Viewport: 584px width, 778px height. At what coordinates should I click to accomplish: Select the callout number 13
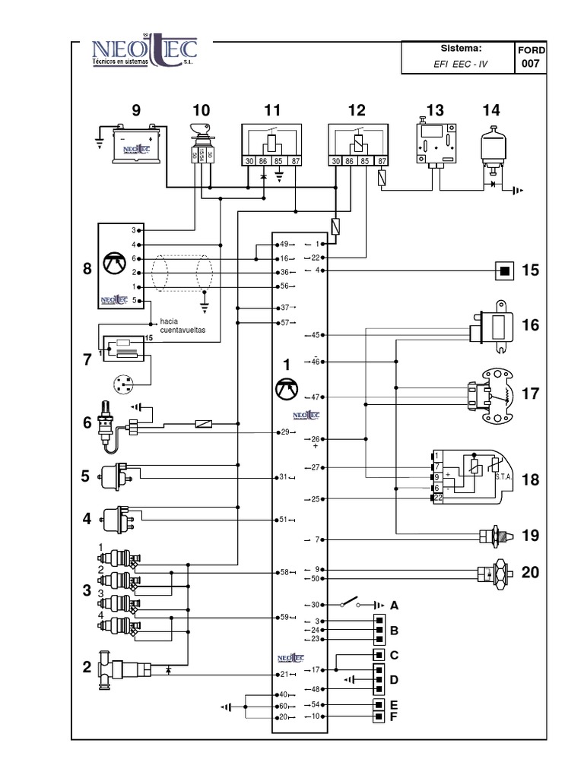click(x=434, y=111)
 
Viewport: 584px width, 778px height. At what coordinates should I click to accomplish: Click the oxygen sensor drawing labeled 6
click(x=107, y=425)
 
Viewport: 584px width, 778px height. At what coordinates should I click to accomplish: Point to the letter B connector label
click(x=394, y=631)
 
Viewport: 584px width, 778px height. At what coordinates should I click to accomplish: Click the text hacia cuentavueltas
click(x=182, y=326)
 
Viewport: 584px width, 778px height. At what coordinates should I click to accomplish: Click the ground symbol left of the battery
click(x=100, y=141)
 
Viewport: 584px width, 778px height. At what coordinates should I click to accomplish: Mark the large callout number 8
click(x=87, y=268)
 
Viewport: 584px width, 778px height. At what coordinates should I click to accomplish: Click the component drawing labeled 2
click(x=125, y=671)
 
